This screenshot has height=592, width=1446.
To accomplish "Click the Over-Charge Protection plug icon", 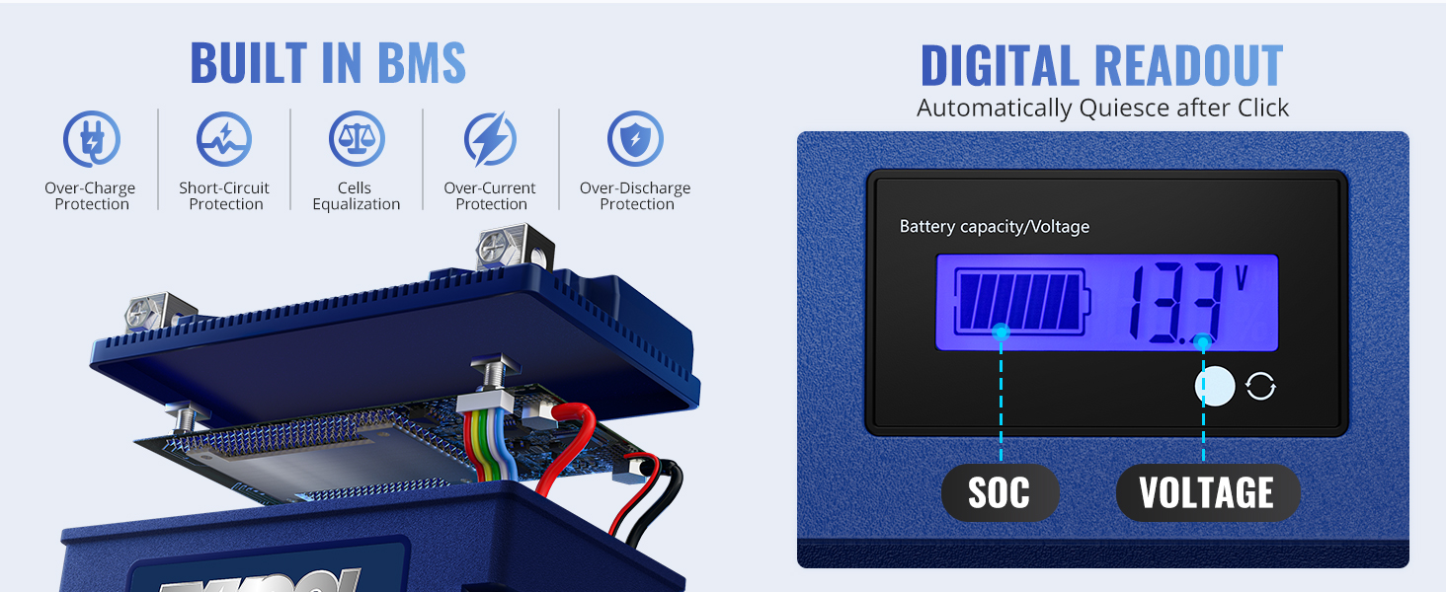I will click(91, 139).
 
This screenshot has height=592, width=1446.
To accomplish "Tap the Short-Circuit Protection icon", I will click(224, 139).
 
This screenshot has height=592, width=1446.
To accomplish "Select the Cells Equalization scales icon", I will click(357, 139).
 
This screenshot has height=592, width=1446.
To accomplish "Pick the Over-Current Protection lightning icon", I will click(491, 139).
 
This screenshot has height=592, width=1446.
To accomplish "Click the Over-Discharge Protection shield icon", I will click(636, 139).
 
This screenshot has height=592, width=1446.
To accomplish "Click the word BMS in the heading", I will click(407, 63).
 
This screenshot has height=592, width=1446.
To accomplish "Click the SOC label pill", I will click(1000, 492).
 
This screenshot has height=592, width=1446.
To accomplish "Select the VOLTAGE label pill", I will click(1207, 492).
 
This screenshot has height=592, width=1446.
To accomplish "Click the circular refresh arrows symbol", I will click(1260, 387).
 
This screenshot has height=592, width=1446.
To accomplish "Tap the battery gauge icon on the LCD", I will click(1020, 301).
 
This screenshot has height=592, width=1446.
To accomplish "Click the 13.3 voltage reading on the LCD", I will click(1175, 303).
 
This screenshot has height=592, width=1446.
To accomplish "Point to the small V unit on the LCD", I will click(1242, 277).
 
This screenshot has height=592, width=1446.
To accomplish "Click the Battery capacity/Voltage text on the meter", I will click(994, 227).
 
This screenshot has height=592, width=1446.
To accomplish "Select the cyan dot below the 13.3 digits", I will click(1203, 342).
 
